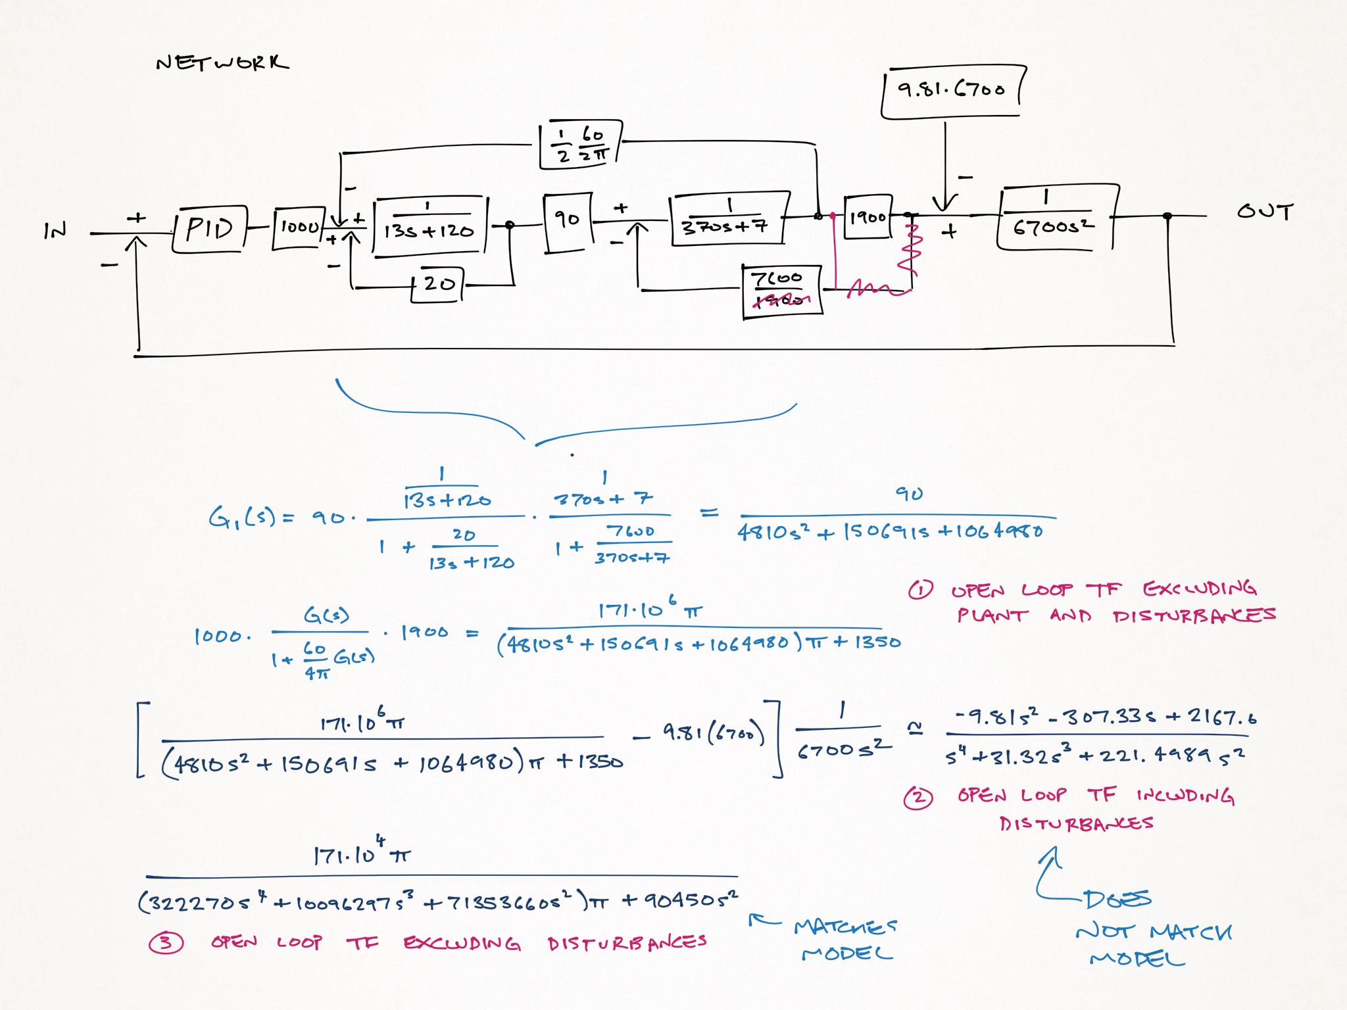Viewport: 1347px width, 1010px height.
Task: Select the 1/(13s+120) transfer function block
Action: tap(430, 224)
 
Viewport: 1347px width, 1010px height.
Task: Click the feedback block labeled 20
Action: tap(438, 285)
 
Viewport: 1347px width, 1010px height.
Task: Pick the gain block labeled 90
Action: tap(568, 222)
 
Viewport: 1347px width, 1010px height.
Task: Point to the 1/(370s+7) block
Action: tap(729, 218)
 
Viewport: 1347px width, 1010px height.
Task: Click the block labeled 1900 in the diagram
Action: tap(868, 217)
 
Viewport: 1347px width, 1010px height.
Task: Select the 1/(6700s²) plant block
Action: tap(1056, 217)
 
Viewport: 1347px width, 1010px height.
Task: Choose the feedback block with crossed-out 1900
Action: tap(782, 291)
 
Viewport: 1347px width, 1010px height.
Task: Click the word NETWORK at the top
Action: tap(222, 63)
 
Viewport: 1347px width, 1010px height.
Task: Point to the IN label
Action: tap(56, 231)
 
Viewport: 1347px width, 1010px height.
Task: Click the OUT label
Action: tap(1265, 212)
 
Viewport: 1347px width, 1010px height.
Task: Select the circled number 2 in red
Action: tap(919, 798)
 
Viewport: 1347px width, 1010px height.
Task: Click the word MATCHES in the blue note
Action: tap(845, 927)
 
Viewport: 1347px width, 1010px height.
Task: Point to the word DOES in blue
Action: tap(1118, 899)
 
